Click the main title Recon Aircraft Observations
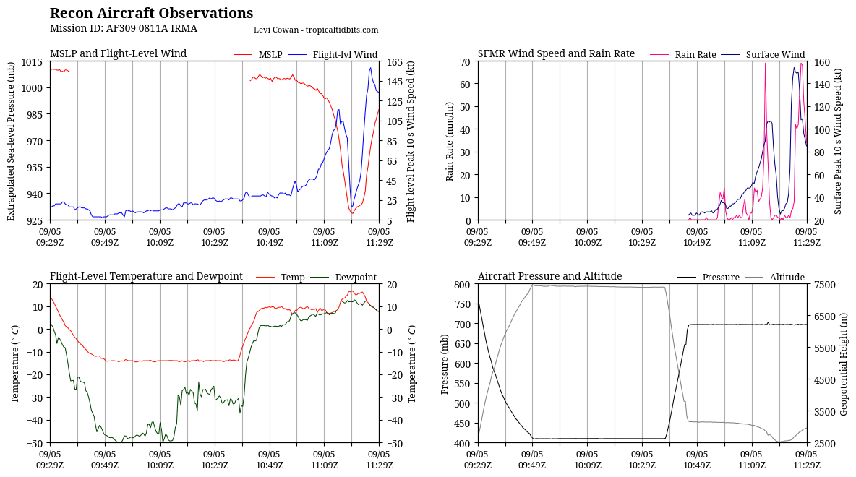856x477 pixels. pos(151,14)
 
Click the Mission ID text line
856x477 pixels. pos(123,29)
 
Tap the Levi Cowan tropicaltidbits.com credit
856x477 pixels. pos(316,30)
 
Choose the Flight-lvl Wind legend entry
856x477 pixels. pos(345,55)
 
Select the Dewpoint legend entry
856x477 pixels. pos(355,278)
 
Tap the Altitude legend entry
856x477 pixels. pos(787,278)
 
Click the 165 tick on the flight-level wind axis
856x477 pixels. pos(395,61)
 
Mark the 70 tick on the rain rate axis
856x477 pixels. pos(465,61)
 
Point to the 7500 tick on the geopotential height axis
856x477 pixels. pos(826,284)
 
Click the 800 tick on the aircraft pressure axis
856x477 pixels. pos(462,284)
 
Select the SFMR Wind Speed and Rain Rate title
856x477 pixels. pos(556,53)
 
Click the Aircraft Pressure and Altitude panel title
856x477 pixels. pos(549,276)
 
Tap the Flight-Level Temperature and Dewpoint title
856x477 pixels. pos(146,276)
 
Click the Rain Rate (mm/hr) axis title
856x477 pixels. pos(450,141)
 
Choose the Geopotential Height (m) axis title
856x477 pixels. pos(844,364)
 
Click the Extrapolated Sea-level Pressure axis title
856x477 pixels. pos(12,141)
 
